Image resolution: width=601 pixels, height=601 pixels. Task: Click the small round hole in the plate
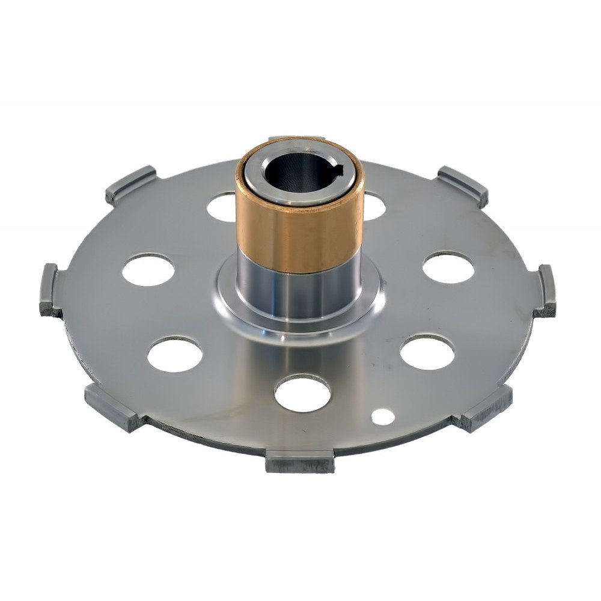(380, 415)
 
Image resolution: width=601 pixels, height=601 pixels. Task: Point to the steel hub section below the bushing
(299, 294)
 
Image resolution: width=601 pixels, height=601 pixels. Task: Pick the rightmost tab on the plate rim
(546, 291)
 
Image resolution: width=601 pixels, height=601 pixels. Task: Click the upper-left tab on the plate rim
(131, 185)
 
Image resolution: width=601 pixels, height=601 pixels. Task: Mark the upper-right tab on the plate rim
(462, 185)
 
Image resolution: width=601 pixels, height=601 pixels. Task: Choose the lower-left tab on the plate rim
(114, 407)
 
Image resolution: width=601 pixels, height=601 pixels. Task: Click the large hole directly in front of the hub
(302, 393)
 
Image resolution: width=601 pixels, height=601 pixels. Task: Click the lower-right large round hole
(427, 352)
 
